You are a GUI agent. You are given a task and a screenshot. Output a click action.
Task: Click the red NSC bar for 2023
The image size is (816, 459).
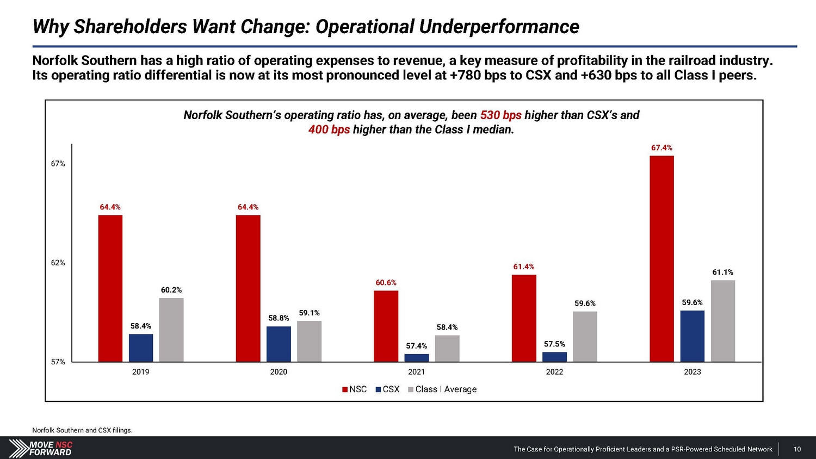click(662, 258)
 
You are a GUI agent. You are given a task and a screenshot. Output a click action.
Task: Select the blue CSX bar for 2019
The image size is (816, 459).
click(141, 348)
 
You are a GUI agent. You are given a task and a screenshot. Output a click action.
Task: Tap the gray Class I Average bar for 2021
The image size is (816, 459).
click(447, 348)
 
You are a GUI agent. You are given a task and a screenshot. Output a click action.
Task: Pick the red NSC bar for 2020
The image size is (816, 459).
click(248, 288)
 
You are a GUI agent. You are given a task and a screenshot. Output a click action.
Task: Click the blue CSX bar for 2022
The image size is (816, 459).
click(554, 357)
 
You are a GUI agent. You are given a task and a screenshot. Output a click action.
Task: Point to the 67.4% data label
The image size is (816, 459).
click(662, 148)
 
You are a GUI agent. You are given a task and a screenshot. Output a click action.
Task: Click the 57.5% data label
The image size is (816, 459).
click(554, 344)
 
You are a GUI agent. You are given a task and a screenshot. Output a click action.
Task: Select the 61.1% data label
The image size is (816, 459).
click(722, 272)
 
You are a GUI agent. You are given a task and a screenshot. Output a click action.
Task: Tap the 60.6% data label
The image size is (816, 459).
click(386, 283)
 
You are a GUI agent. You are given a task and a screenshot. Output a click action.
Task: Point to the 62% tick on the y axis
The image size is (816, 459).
click(58, 263)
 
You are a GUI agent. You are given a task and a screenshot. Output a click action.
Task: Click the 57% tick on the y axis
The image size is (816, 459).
click(58, 362)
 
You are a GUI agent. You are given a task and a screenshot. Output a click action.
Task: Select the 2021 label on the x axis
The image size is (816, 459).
click(416, 372)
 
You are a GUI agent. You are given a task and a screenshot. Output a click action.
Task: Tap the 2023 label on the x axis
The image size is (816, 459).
click(692, 372)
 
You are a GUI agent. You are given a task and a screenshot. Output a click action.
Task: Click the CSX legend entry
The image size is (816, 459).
click(387, 389)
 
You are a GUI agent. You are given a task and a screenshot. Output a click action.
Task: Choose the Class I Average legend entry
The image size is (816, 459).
click(442, 389)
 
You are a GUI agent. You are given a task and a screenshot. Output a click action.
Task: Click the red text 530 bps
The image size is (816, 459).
click(500, 115)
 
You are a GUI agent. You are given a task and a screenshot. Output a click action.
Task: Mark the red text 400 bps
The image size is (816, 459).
click(329, 129)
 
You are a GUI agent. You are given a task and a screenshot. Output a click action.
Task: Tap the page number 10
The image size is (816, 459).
click(797, 449)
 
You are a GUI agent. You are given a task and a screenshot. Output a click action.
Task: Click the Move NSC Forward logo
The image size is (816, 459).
click(41, 448)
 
